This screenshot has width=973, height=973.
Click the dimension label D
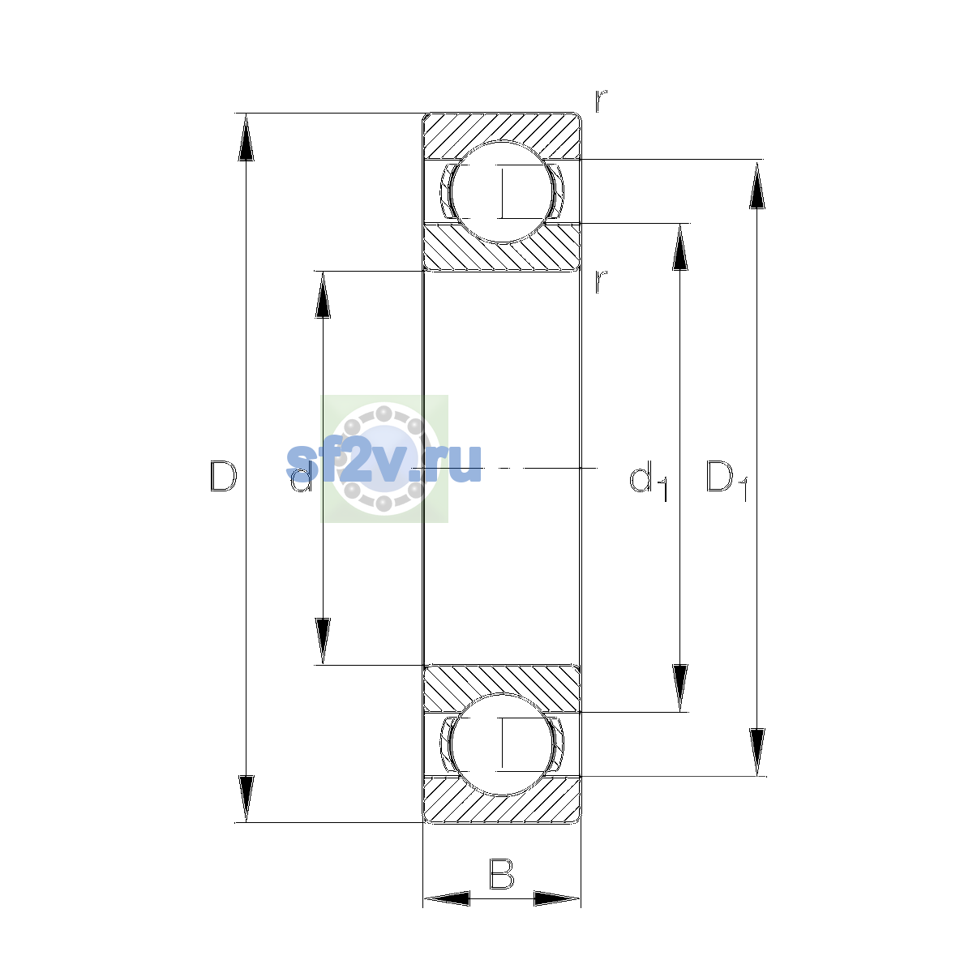click(223, 476)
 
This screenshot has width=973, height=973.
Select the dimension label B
click(501, 873)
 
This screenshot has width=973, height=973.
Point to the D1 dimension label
click(727, 481)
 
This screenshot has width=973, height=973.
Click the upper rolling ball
click(501, 192)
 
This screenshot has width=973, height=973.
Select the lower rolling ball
click(501, 744)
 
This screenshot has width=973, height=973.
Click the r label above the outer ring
click(601, 101)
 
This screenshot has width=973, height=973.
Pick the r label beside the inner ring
click(601, 281)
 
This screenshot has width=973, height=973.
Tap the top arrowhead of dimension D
click(246, 137)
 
